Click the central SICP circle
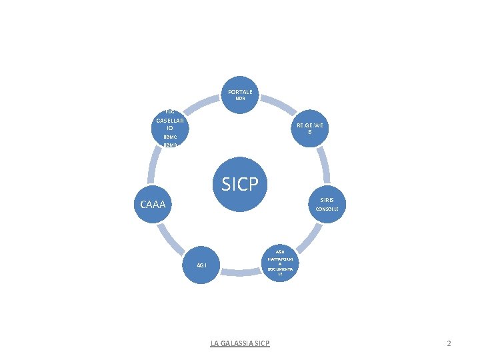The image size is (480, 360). [239, 185]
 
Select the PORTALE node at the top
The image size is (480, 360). [240, 93]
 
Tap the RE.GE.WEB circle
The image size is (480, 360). [310, 129]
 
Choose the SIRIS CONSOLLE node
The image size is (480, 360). [327, 204]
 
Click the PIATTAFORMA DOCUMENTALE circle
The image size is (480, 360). [280, 264]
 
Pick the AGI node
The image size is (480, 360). [201, 265]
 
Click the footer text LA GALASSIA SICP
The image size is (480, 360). [240, 343]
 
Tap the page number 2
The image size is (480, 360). [449, 343]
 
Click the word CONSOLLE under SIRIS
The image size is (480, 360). [327, 209]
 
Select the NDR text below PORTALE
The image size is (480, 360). [240, 98]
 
